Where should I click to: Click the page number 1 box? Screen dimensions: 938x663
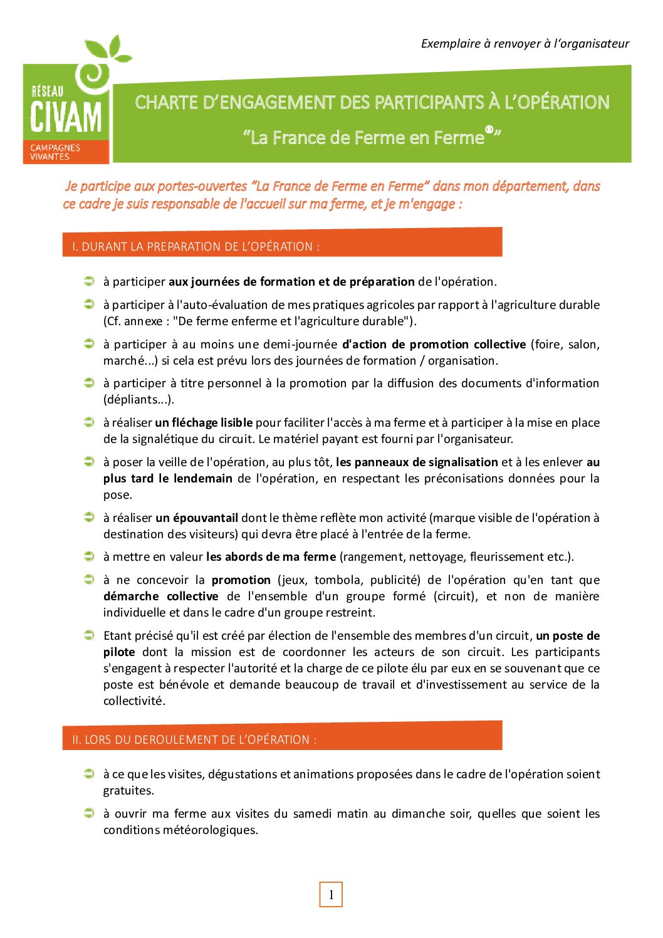pyautogui.click(x=331, y=895)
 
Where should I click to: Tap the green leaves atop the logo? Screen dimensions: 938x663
pyautogui.click(x=108, y=50)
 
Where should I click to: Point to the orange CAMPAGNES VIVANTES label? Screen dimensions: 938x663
pyautogui.click(x=55, y=152)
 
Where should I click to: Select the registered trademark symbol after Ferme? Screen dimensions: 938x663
pyautogui.click(x=489, y=130)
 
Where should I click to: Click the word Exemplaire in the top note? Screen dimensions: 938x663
pyautogui.click(x=451, y=43)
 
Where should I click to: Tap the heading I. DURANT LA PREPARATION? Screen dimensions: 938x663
pyautogui.click(x=196, y=246)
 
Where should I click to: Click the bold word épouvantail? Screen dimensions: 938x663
pyautogui.click(x=197, y=518)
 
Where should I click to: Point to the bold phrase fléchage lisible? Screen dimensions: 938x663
pyautogui.click(x=204, y=422)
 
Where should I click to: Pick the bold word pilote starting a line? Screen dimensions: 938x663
pyautogui.click(x=119, y=652)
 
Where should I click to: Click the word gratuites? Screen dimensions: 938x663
pyautogui.click(x=128, y=790)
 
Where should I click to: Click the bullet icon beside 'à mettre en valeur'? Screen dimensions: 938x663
pyautogui.click(x=89, y=556)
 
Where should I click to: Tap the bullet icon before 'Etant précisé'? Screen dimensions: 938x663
pyautogui.click(x=89, y=635)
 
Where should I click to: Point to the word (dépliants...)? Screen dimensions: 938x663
pyautogui.click(x=138, y=399)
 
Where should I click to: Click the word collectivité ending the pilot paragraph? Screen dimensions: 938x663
pyautogui.click(x=134, y=701)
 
